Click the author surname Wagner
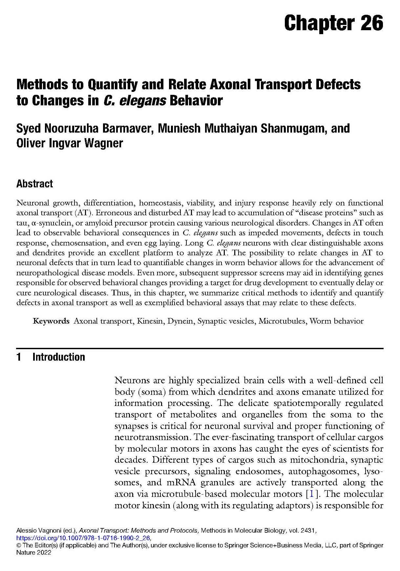coord(104,143)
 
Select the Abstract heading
coord(34,184)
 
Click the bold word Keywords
coord(51,321)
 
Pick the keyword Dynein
coord(180,321)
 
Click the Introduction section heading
coord(58,357)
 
